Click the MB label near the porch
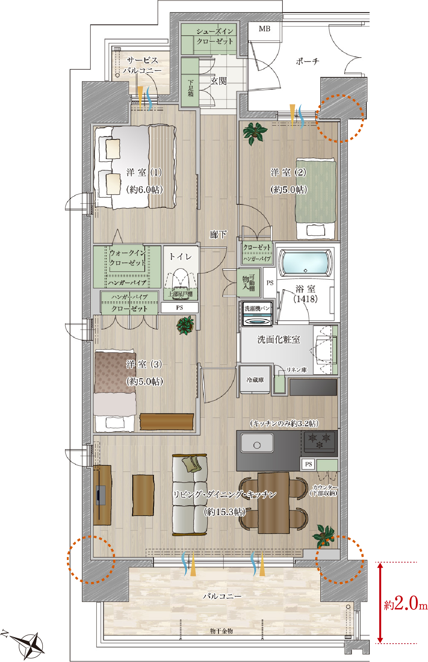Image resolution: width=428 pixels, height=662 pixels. (x=265, y=29)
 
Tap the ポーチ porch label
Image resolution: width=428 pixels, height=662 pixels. (x=307, y=61)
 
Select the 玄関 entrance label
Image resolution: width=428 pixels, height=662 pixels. (x=219, y=81)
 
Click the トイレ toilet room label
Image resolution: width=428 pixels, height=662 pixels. (x=180, y=257)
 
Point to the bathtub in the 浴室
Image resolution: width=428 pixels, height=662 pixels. (x=305, y=262)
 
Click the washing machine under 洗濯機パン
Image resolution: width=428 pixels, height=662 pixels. (x=258, y=319)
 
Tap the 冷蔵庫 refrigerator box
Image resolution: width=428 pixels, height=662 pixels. (x=255, y=379)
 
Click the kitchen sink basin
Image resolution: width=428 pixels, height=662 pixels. (x=257, y=443)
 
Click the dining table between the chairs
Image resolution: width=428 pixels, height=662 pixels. (x=273, y=503)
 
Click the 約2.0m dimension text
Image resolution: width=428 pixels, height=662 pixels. (x=406, y=604)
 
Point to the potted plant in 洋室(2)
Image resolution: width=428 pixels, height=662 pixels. (x=255, y=133)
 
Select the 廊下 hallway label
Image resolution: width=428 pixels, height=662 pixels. (x=218, y=234)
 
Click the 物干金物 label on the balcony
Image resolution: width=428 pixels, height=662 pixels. (x=222, y=631)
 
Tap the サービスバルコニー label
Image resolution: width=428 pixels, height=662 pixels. (x=142, y=65)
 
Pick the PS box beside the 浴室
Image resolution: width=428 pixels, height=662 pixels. (x=270, y=283)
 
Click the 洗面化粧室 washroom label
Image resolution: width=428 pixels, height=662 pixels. (x=279, y=339)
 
